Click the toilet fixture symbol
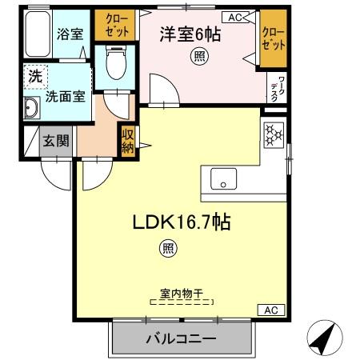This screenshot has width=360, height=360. coord(116,62)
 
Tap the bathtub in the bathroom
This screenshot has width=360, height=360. coord(38,34)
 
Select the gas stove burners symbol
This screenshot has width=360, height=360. coord(274,135)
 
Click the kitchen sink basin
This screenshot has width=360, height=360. coord(223,179)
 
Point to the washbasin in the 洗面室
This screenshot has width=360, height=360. coord(32,108)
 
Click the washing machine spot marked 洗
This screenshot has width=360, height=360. coord(36,76)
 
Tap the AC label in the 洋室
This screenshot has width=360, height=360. coord(235,18)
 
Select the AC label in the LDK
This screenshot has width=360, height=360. coord(271,310)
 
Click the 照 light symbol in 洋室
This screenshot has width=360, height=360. coord(199,56)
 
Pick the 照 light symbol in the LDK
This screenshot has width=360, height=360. coord(168,249)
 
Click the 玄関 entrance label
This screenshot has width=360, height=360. coord(56,141)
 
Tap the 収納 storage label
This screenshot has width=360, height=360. coord(128,141)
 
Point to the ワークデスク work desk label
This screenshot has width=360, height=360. coord(278,89)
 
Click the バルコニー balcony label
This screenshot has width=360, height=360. coord(181,338)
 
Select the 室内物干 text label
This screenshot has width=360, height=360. coord(182,294)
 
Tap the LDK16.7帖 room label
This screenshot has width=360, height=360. coord(182,222)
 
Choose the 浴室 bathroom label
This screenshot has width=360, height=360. coord(70,34)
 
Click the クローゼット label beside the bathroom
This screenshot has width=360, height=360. coord(117,26)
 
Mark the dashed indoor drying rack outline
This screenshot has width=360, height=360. coord(182,302)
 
